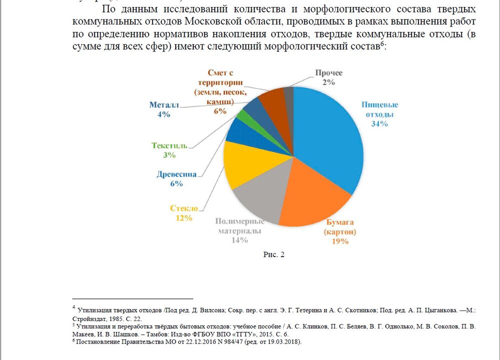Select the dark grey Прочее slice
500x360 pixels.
coord(289,94)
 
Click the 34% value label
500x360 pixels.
coord(379,124)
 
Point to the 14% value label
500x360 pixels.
coord(240,240)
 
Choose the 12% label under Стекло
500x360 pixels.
coord(184,217)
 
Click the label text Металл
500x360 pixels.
coord(164,105)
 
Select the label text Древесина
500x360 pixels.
coord(176,174)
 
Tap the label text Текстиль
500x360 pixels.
coord(169,145)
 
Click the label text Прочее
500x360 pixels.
coord(328,73)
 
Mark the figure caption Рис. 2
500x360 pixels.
coord(274,254)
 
